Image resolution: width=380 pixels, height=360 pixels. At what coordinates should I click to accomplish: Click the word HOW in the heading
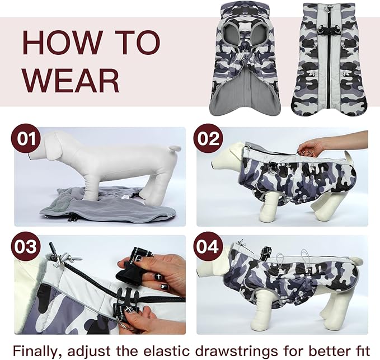(x=60, y=42)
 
